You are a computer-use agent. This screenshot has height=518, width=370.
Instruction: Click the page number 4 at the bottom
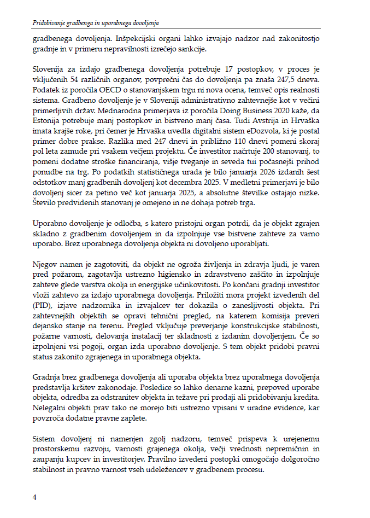[34, 497]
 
